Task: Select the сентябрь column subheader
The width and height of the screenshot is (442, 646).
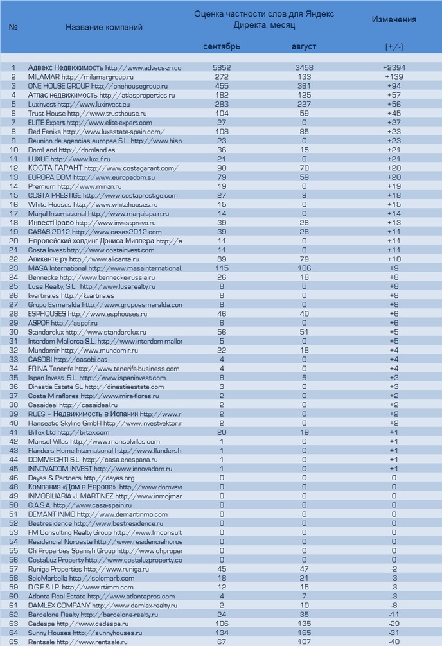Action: pos(222,47)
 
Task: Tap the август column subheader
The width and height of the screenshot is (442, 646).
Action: pos(304,47)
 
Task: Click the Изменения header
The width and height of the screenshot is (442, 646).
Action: pos(394,19)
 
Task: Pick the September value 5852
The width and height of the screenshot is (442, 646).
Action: pos(222,67)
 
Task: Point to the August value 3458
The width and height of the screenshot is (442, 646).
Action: pos(304,67)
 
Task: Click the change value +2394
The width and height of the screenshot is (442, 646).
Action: pos(394,67)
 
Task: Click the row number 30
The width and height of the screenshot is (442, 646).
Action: pos(13,332)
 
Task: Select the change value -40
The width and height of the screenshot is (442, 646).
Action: pos(394,642)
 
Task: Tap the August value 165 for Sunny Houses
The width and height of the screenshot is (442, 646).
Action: pos(304,633)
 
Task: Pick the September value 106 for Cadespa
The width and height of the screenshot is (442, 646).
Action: pos(222,624)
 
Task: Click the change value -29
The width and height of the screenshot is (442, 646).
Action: pos(394,624)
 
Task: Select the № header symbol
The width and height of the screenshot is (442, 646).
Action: pos(13,27)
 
